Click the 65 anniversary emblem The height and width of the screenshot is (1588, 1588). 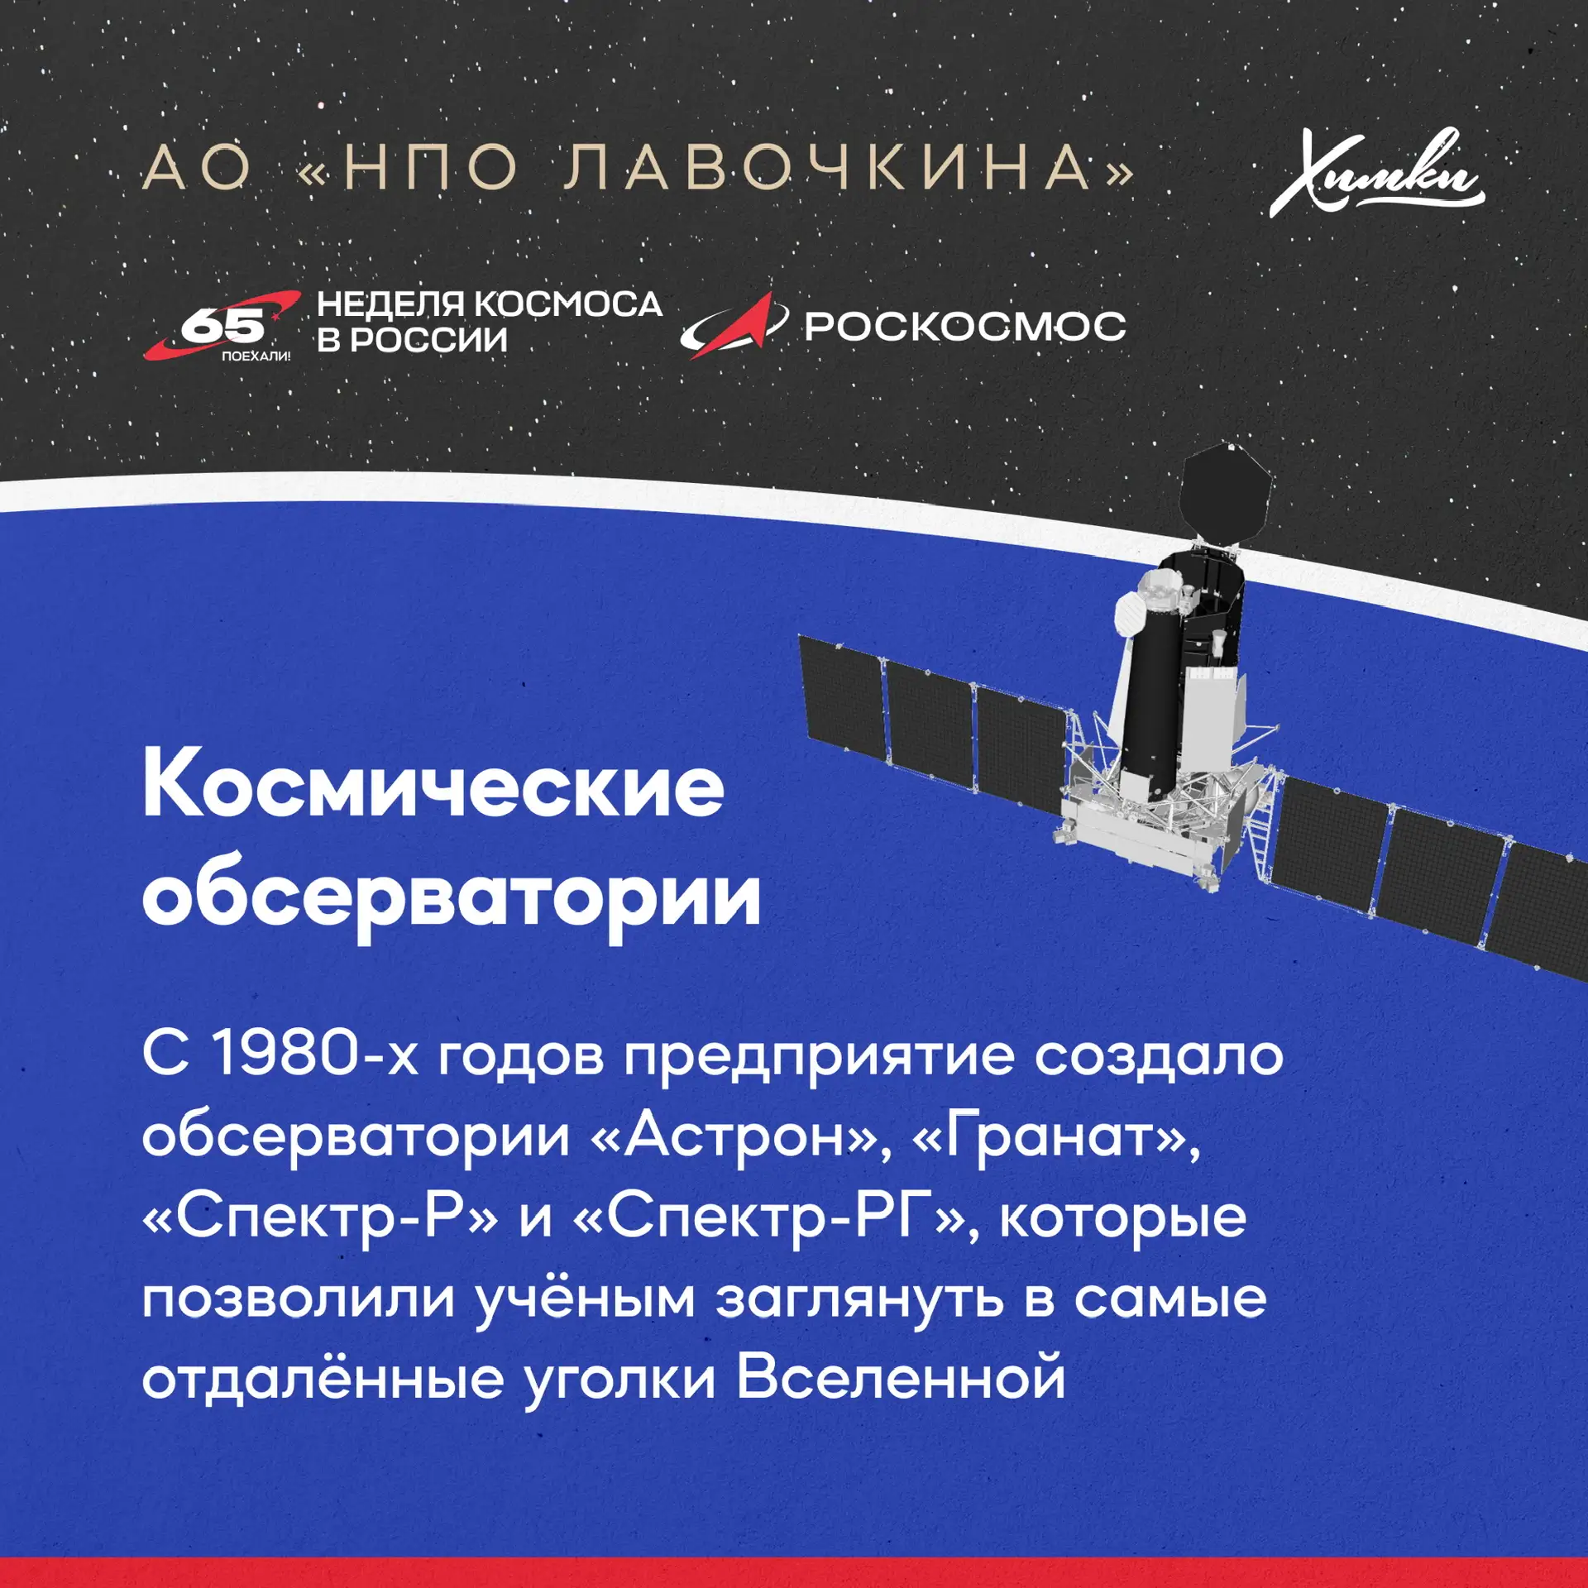222,326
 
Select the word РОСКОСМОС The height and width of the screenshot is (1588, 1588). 965,326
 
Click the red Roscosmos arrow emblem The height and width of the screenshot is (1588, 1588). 732,325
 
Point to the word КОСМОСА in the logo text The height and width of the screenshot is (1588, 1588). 568,304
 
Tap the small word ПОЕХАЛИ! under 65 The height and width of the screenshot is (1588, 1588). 256,356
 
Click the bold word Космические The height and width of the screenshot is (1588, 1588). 433,785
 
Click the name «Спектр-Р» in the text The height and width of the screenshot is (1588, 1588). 320,1218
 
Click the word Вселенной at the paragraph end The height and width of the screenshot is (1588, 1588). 901,1377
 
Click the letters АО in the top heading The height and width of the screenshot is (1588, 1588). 196,166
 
